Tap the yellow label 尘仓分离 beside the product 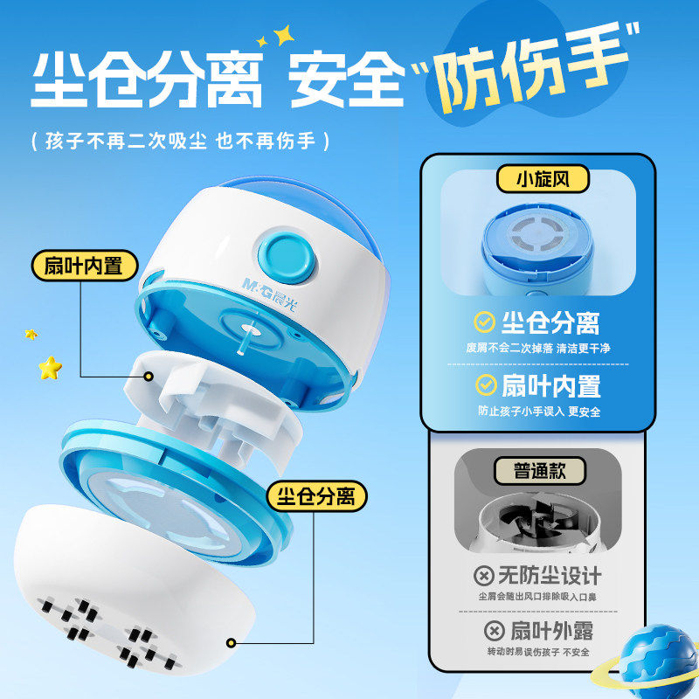(x=317, y=497)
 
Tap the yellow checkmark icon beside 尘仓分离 (x=484, y=322)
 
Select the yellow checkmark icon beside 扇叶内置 (x=484, y=384)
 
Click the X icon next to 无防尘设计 (x=482, y=576)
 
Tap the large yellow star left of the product (x=50, y=368)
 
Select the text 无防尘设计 (x=550, y=576)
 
